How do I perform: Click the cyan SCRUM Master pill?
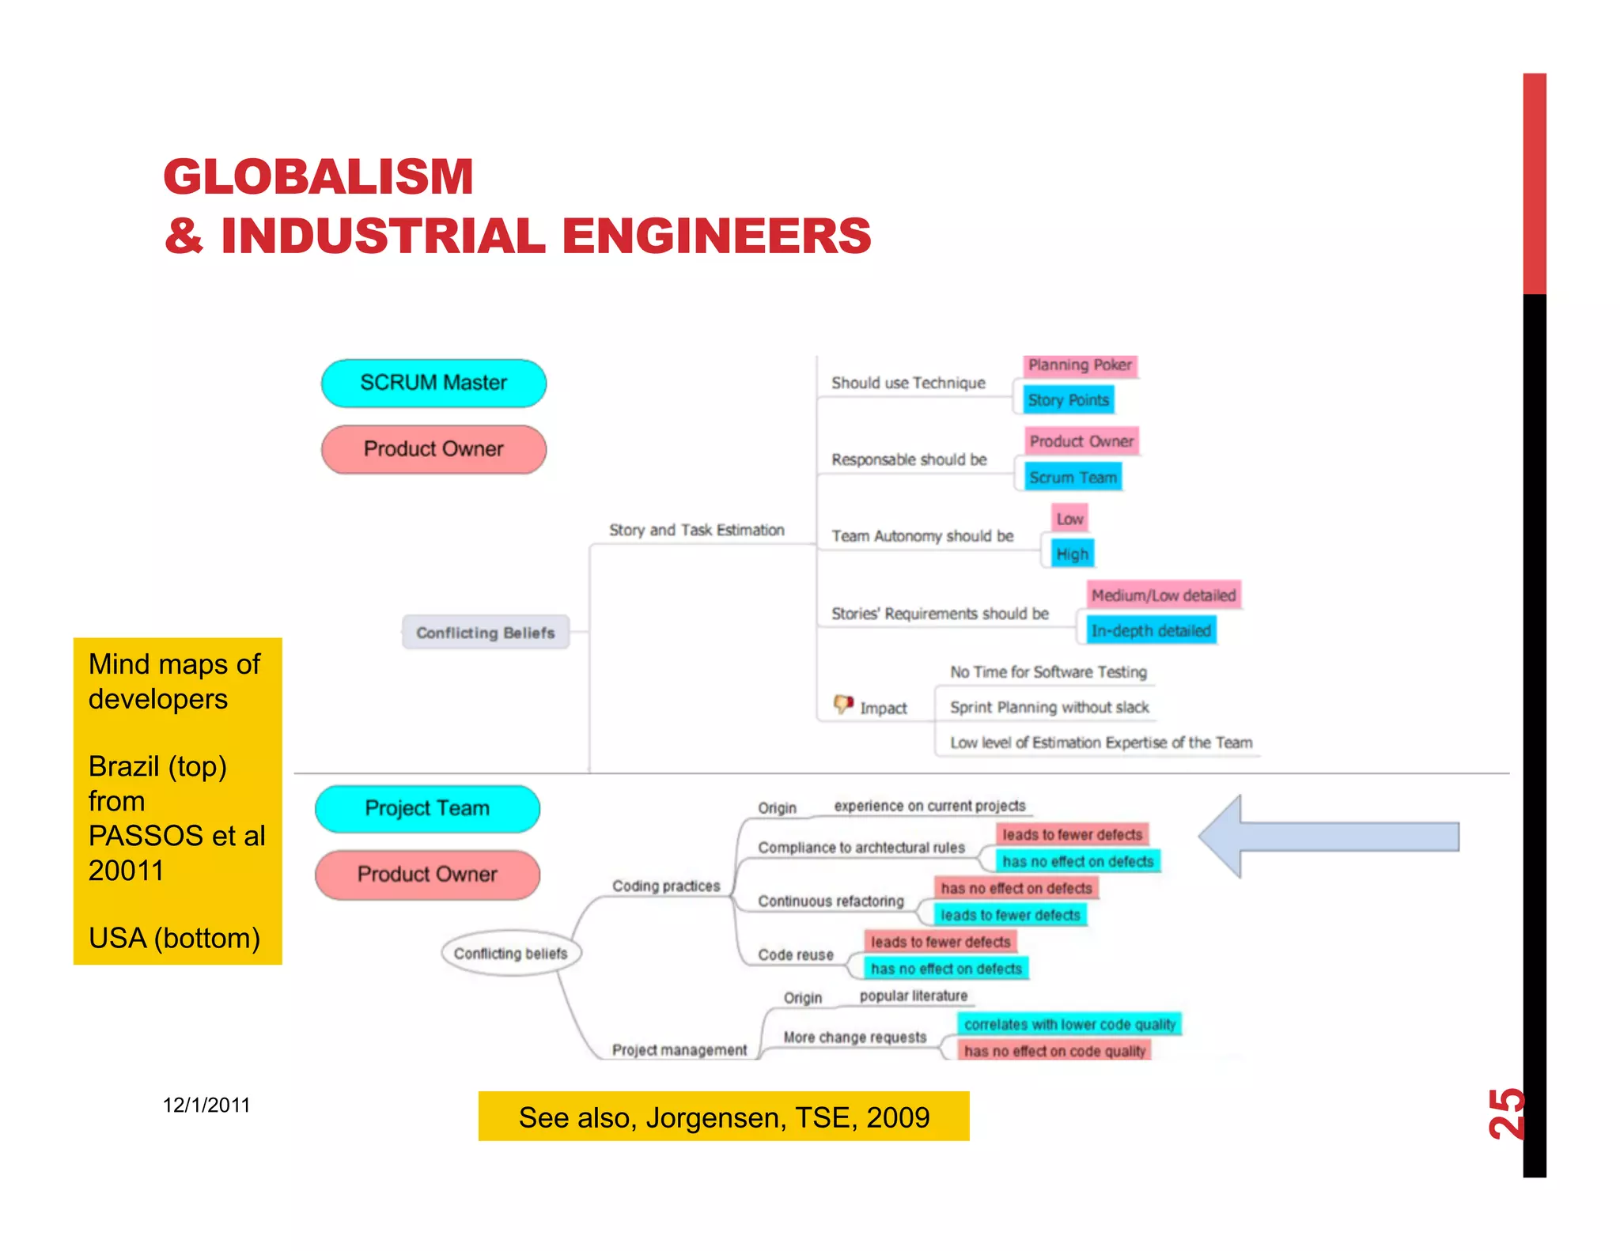click(433, 384)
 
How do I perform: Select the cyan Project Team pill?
click(427, 808)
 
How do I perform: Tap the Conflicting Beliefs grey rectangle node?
click(486, 633)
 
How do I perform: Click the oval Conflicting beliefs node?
click(511, 953)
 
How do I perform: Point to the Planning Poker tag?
click(1080, 365)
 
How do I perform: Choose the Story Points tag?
click(1068, 400)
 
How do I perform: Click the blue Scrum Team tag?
click(1073, 478)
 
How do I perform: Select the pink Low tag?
click(1069, 520)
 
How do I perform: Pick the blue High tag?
click(1072, 554)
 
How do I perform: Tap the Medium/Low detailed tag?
click(1163, 595)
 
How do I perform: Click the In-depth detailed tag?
click(1151, 631)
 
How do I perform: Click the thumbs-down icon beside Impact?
click(843, 704)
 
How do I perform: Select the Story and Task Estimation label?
click(696, 530)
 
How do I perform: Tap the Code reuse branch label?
click(796, 955)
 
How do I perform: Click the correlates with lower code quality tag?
click(1069, 1025)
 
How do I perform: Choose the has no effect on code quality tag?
click(1054, 1051)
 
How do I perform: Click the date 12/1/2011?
click(206, 1105)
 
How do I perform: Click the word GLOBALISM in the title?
click(319, 176)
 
